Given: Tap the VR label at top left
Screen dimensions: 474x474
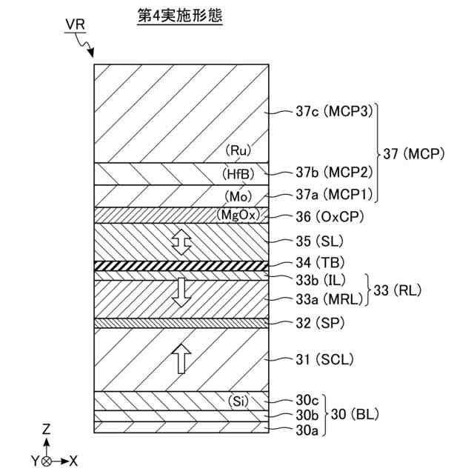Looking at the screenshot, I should (x=74, y=24).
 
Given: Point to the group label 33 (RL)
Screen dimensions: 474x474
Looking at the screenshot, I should (x=398, y=290).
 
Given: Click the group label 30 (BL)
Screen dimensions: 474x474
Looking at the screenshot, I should (x=358, y=415).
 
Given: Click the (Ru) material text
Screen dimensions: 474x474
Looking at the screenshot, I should (x=238, y=150).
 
